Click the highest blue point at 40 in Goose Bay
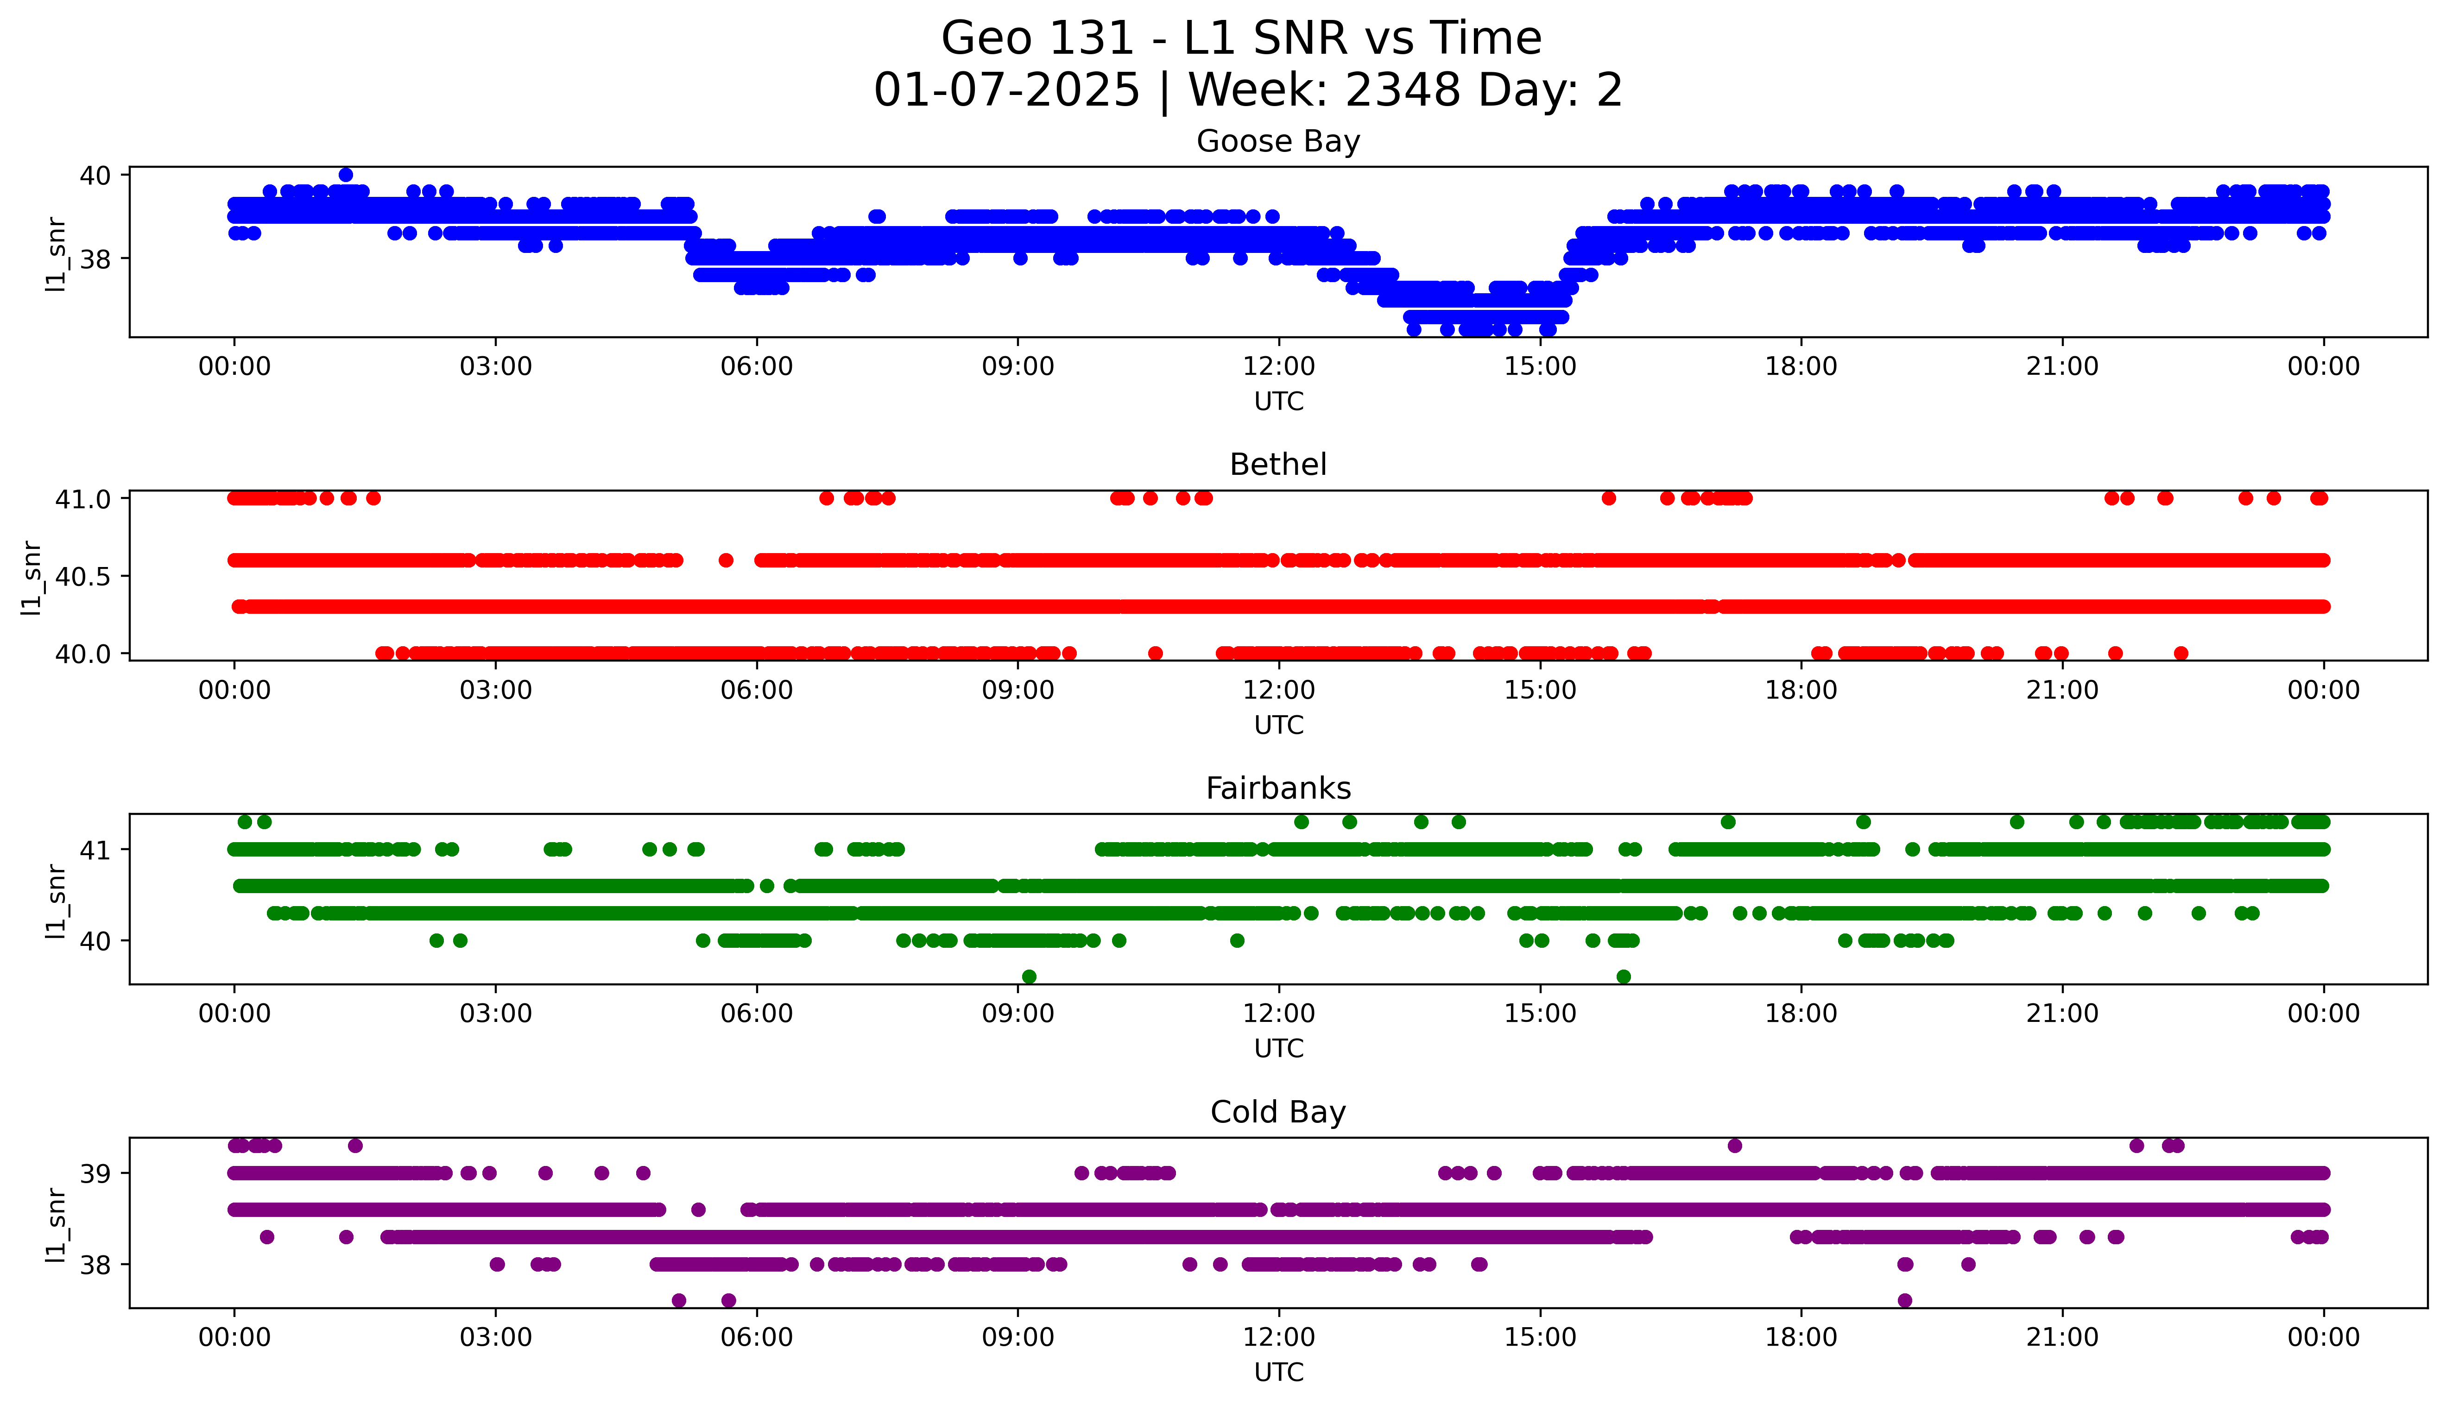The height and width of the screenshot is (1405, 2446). [346, 175]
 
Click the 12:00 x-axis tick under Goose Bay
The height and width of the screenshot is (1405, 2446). [1278, 367]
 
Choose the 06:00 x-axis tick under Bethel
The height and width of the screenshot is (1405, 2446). [757, 690]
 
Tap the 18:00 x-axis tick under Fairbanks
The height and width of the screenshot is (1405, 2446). [1801, 1013]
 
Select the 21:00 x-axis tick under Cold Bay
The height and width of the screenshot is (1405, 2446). [2062, 1337]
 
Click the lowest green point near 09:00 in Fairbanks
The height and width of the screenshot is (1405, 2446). [1029, 977]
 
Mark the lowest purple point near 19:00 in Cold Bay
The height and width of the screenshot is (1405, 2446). [1904, 1300]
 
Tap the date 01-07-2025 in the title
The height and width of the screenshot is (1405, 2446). [1006, 91]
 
